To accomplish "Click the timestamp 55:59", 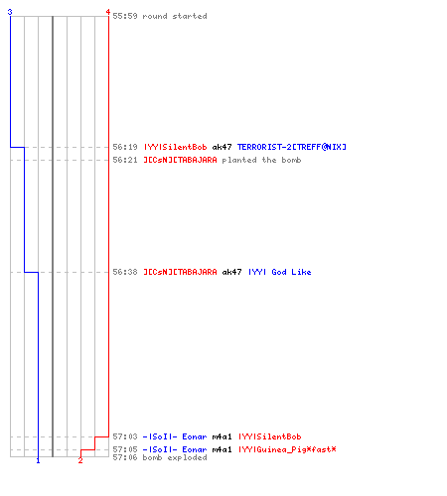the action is pos(125,16).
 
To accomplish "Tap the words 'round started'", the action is pos(175,16).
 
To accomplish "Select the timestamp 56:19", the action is pos(125,147).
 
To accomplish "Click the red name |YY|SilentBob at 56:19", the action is pos(175,147).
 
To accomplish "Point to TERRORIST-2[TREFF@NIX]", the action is pos(292,147).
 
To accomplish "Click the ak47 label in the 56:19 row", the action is pos(222,147).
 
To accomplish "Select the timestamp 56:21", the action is pos(125,160).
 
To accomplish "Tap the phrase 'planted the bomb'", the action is pos(261,160).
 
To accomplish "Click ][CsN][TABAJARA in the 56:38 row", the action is pos(180,272).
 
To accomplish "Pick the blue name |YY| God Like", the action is pos(280,272).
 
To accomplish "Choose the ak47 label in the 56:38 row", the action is pos(231,272).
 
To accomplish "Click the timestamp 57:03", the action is pos(125,436).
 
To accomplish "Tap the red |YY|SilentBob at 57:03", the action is pos(270,436).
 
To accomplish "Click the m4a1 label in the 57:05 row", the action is pos(222,449).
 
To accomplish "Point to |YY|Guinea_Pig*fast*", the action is pos(287,449).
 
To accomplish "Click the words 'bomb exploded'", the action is pos(175,457).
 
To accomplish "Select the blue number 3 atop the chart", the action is pos(10,12).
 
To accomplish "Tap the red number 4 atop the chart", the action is pos(108,12).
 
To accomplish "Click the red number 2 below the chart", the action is pos(80,460).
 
